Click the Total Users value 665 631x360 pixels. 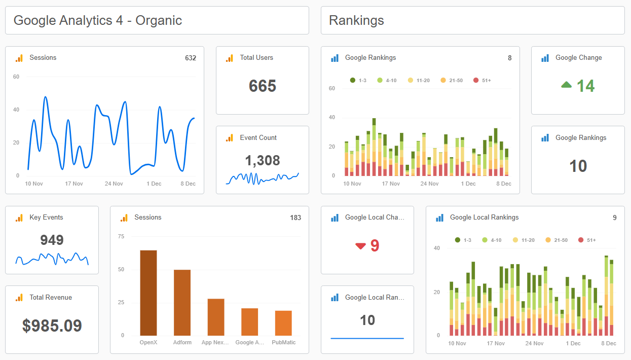coord(262,86)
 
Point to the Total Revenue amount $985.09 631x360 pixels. coord(52,326)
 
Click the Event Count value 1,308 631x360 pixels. coord(263,161)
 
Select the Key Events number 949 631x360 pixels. coord(52,240)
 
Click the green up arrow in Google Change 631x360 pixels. coord(567,85)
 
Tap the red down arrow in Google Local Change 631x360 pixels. coord(360,246)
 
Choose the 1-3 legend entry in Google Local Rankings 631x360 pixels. coord(463,240)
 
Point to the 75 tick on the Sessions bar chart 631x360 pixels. coord(121,236)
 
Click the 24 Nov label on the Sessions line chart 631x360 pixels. coord(114,184)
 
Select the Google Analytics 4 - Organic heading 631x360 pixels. coord(97,20)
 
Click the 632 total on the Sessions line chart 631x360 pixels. coord(191,58)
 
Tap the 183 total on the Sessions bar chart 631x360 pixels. coord(295,218)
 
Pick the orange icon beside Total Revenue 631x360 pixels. coord(19,298)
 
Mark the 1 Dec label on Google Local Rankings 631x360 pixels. coord(573,343)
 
